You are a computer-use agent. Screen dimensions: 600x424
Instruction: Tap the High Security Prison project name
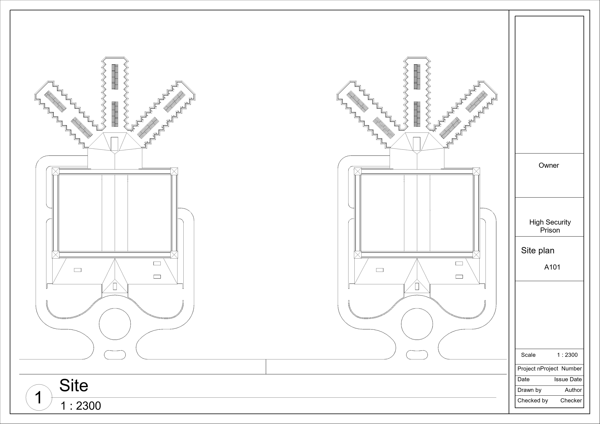coord(550,226)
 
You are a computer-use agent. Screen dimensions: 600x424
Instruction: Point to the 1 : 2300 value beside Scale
coord(567,355)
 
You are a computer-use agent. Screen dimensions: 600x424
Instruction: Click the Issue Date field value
coord(568,379)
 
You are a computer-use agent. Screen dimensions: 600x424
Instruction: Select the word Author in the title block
coord(573,390)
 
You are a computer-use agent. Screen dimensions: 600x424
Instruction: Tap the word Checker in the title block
coord(571,400)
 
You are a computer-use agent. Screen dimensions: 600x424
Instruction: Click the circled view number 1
coord(39,397)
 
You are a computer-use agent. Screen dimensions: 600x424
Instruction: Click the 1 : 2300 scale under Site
coord(81,406)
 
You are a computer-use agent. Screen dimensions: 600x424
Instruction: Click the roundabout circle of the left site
coord(115,324)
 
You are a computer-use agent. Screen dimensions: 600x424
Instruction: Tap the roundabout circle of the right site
coord(417,324)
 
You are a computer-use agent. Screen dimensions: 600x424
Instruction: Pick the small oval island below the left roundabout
coord(115,355)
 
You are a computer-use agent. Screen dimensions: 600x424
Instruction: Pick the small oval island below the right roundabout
coord(417,355)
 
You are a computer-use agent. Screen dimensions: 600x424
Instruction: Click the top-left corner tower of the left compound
coord(56,171)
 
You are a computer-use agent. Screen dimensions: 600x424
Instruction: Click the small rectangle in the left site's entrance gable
coord(115,286)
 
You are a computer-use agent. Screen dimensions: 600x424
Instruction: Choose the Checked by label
coord(533,400)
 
